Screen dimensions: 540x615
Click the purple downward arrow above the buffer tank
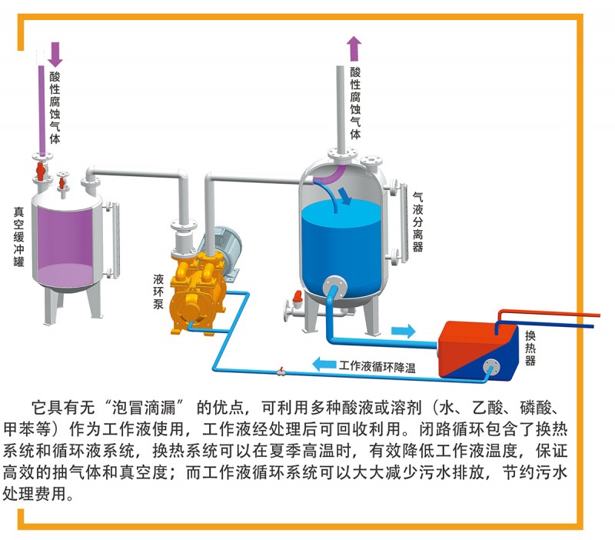click(x=55, y=53)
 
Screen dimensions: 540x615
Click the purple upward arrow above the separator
click(x=354, y=48)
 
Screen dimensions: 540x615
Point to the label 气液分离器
click(x=418, y=222)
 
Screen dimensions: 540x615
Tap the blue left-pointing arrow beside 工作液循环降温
click(x=324, y=364)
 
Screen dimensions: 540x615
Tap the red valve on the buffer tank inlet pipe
click(x=40, y=168)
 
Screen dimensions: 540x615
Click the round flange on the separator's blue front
click(x=335, y=286)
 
